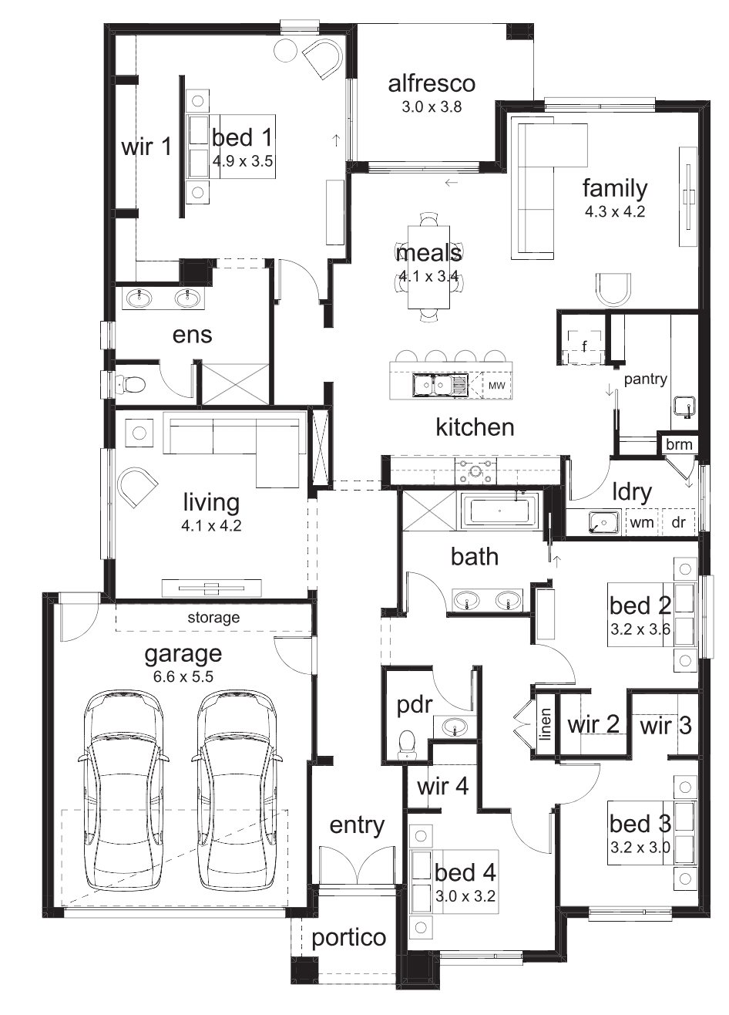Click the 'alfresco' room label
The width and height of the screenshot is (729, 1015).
click(x=432, y=84)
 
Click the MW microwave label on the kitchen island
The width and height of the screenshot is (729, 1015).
click(x=496, y=386)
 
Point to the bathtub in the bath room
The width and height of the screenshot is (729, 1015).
click(x=500, y=511)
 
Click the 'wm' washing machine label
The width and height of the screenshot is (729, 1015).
click(x=642, y=523)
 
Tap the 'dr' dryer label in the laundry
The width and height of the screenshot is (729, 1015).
click(x=678, y=522)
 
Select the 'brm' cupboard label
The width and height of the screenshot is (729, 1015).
click(x=679, y=444)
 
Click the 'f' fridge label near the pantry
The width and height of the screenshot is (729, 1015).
click(x=585, y=346)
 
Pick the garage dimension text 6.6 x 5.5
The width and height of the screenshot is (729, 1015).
click(x=183, y=676)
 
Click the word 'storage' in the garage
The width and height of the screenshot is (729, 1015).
click(x=213, y=618)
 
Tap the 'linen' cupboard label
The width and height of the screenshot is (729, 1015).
click(x=545, y=724)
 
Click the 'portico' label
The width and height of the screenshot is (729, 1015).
click(x=348, y=938)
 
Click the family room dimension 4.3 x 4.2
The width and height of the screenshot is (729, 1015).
click(x=615, y=211)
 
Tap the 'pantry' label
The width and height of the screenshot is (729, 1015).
click(x=646, y=379)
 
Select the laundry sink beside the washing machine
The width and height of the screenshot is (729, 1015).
click(x=604, y=522)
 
